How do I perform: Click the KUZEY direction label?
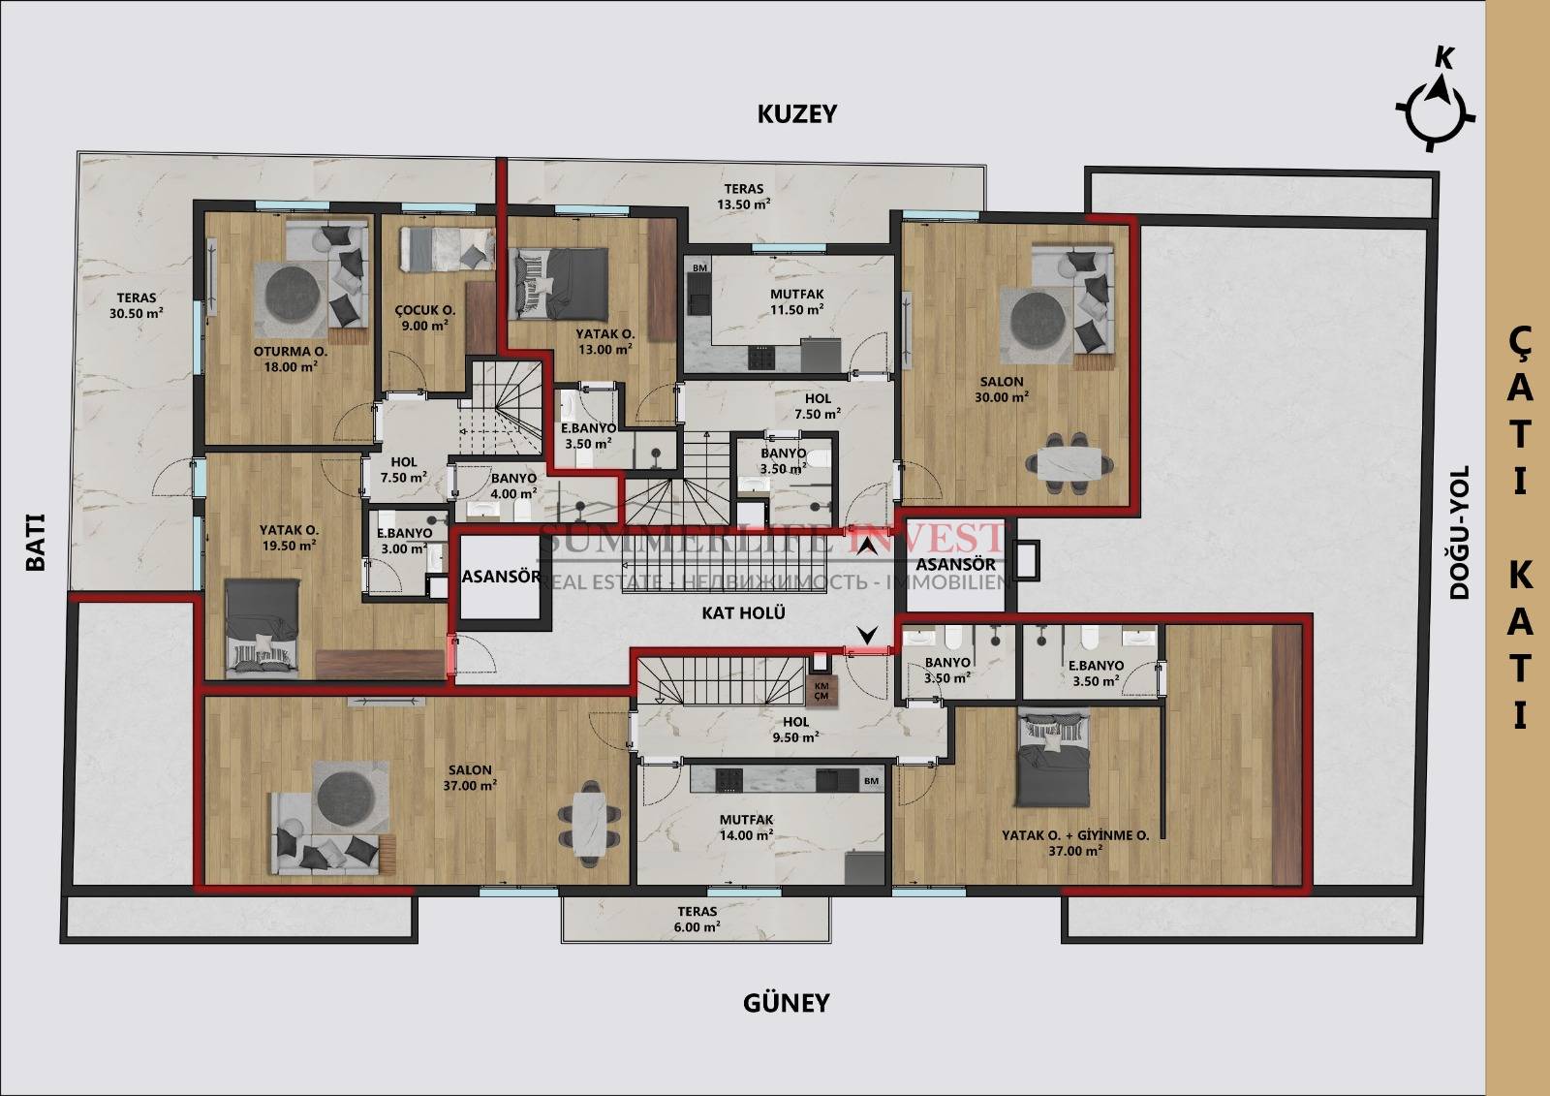point(797,113)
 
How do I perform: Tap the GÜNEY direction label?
point(786,1002)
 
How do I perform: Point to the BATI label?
point(35,542)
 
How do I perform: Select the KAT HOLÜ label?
point(744,612)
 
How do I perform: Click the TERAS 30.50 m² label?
point(137,305)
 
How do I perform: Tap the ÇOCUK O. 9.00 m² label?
point(425,317)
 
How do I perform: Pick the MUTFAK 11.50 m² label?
point(797,302)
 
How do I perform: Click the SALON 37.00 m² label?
point(470,777)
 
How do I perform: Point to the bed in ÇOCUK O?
point(447,249)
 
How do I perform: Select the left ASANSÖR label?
point(501,576)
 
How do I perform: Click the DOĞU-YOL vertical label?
point(1458,531)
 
